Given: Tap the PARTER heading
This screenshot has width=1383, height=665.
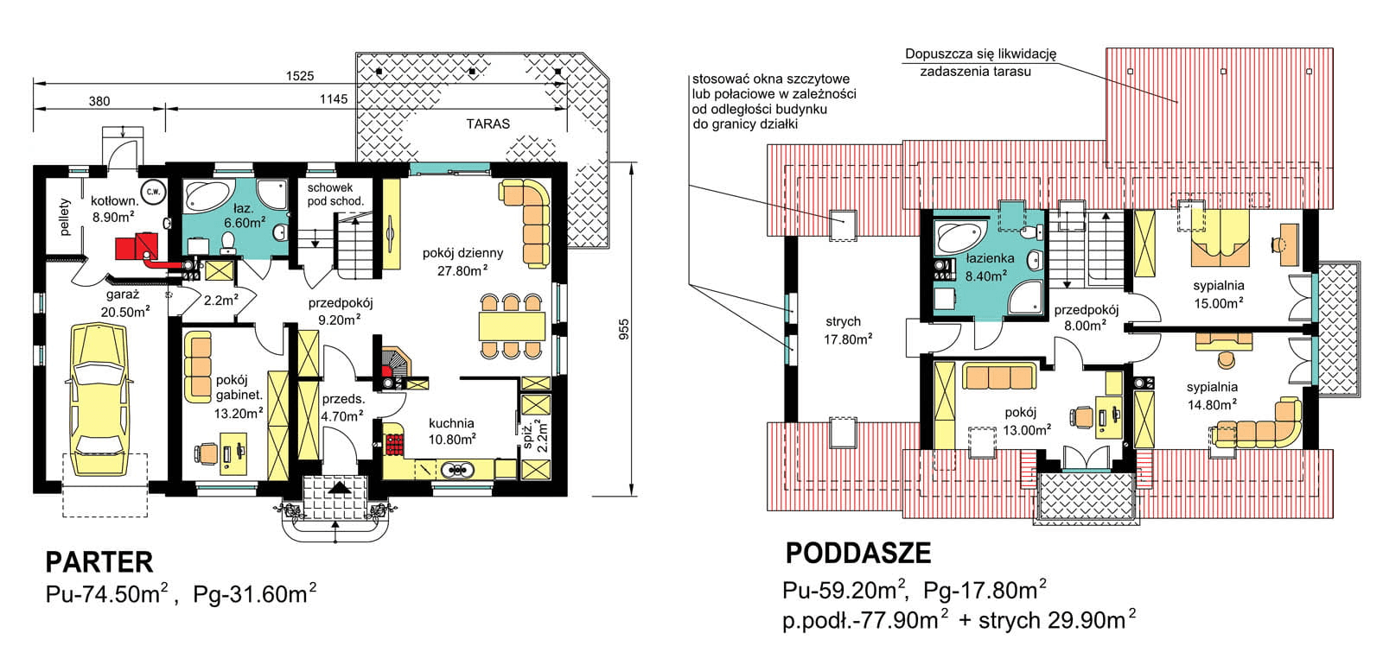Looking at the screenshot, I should (x=99, y=563).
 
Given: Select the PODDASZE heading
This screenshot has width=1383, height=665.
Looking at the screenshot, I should (x=857, y=553).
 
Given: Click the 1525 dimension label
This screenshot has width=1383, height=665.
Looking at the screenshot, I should (x=299, y=76).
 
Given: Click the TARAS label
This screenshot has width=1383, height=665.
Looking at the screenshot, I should (x=488, y=123).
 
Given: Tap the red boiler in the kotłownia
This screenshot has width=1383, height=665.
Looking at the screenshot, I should (x=135, y=247).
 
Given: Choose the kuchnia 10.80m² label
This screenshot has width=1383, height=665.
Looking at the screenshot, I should (x=451, y=431).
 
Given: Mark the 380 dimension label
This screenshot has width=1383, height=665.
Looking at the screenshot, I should (x=99, y=101).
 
